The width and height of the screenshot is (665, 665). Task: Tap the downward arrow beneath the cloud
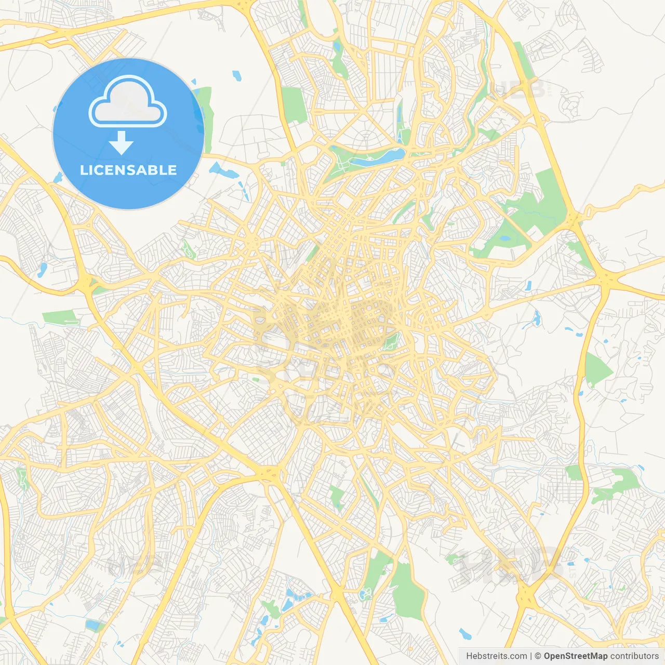[121, 143]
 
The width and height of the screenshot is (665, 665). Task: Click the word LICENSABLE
[128, 170]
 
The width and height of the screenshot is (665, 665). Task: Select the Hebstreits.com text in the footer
[496, 656]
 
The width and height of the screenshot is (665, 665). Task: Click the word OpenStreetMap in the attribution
[575, 656]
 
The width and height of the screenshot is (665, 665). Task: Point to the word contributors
[634, 656]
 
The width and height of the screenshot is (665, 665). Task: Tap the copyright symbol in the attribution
[538, 656]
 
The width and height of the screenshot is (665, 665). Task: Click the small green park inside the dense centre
[391, 341]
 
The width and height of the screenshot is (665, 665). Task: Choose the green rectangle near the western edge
[60, 317]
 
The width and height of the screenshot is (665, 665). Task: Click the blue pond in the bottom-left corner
[94, 626]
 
